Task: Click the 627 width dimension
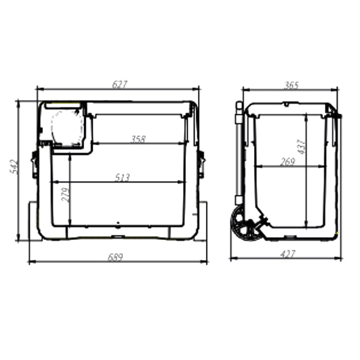tap(120, 84)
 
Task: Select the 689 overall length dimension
tap(115, 257)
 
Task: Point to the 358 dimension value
tap(138, 139)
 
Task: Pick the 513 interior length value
tap(122, 178)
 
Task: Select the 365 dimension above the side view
tap(291, 85)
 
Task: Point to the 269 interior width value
tap(287, 162)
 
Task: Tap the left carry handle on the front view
tap(34, 164)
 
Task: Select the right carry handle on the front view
tap(201, 164)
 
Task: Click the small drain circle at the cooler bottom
tap(119, 223)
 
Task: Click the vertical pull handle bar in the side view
tap(238, 154)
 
